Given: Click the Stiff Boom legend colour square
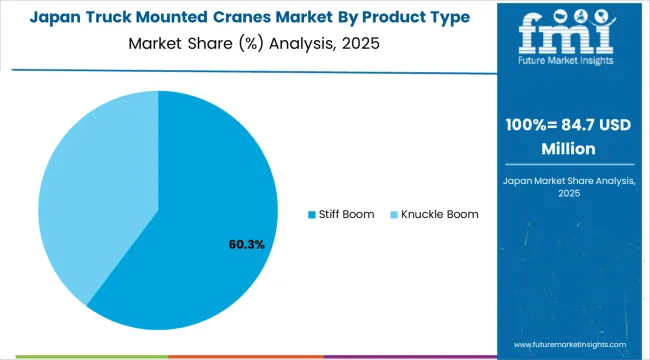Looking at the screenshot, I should (x=311, y=214).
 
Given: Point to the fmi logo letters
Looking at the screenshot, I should (x=571, y=32).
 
